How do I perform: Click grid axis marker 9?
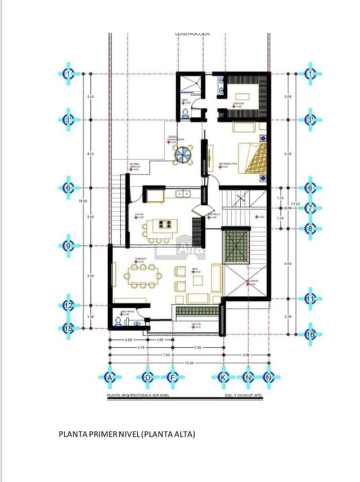(x=69, y=246)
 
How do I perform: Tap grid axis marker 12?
(x=69, y=305)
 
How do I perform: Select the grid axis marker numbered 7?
(x=310, y=208)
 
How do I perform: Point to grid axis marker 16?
(x=310, y=334)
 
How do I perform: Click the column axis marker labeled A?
(x=109, y=377)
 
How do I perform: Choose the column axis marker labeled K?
(x=223, y=377)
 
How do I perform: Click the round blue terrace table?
(x=183, y=154)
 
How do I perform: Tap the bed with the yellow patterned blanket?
(x=250, y=158)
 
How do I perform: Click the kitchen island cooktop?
(x=165, y=224)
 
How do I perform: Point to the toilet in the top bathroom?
(x=186, y=113)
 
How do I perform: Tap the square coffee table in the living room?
(x=198, y=280)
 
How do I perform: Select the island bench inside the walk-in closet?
(x=243, y=96)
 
